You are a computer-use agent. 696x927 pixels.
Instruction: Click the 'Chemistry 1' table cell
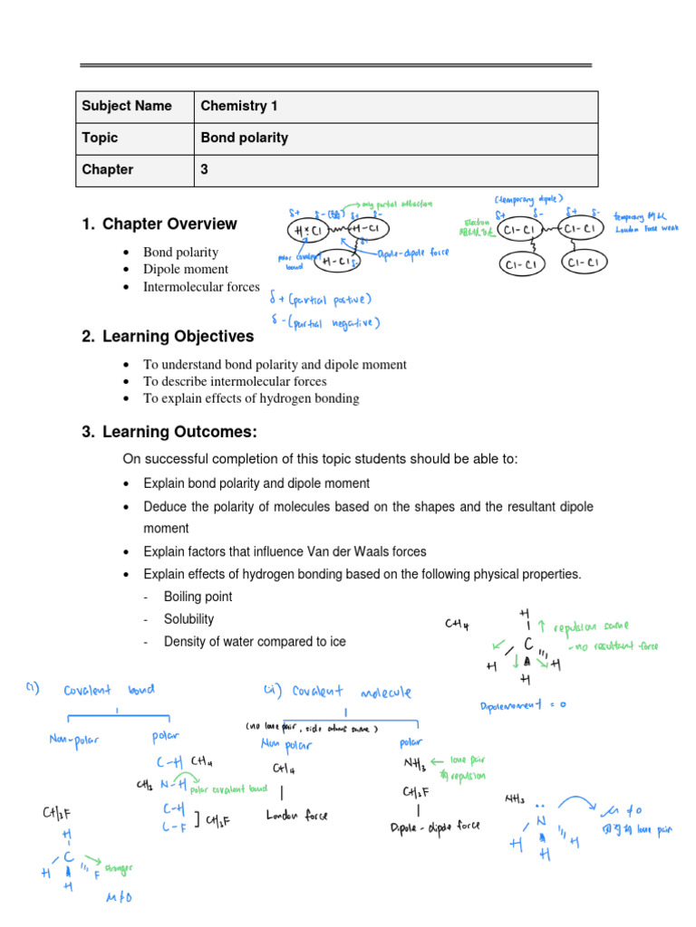(x=239, y=106)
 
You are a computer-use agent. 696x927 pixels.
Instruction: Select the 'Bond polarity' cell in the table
(x=244, y=138)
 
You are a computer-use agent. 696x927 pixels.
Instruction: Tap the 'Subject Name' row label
(x=126, y=106)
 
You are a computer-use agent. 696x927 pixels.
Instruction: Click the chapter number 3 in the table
(x=205, y=169)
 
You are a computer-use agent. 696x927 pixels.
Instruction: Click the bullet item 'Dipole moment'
(x=186, y=269)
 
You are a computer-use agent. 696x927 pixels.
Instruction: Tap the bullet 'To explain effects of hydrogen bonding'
(x=251, y=398)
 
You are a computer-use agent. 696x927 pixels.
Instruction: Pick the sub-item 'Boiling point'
(x=198, y=597)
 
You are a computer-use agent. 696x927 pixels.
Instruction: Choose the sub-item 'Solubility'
(x=188, y=619)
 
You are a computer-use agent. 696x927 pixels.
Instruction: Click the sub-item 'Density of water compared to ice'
(x=255, y=642)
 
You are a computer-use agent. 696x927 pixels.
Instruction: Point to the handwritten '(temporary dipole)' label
(x=528, y=198)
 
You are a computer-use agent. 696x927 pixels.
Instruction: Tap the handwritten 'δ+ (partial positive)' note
(x=321, y=299)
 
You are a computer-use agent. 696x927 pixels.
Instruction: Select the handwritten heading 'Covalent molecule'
(x=351, y=693)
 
